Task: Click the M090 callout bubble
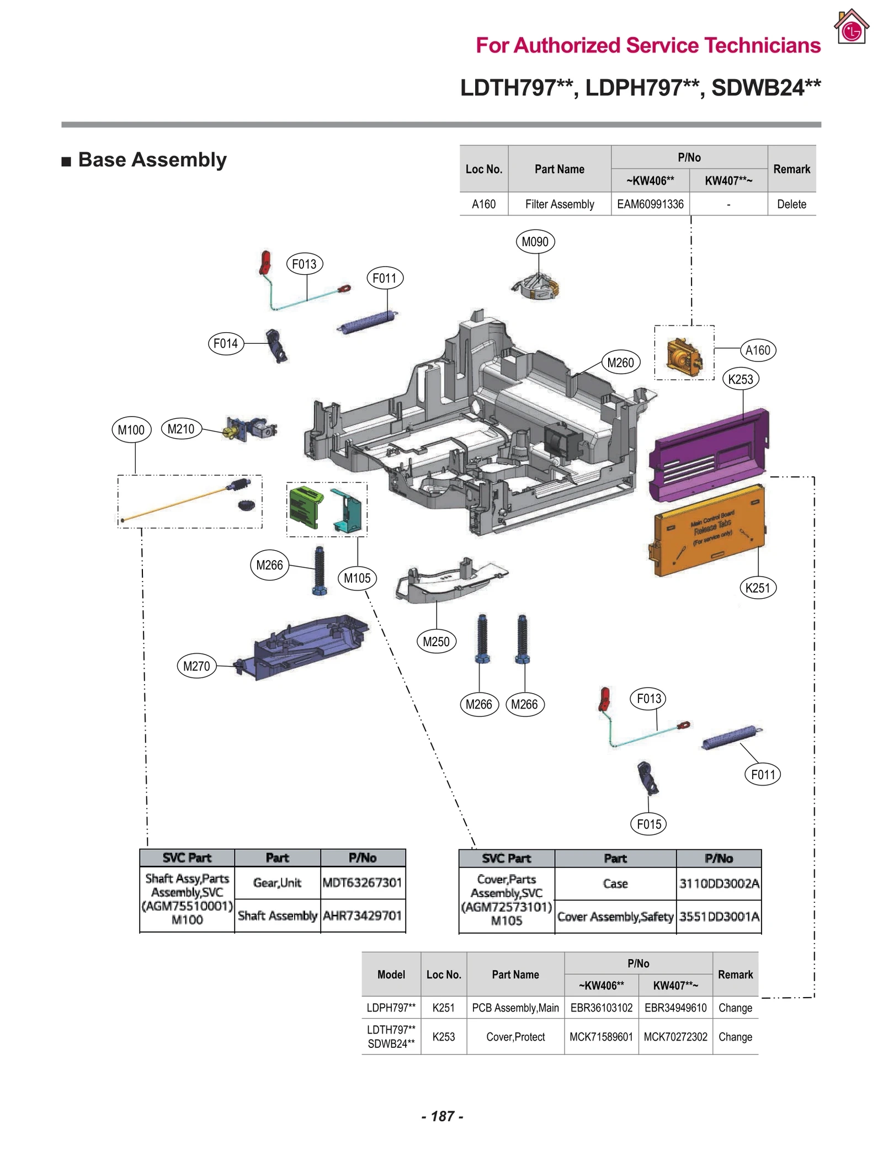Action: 534,242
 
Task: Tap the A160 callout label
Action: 757,350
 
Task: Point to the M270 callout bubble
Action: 196,666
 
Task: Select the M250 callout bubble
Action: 435,642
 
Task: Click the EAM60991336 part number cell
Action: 650,204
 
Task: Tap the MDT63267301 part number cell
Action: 362,882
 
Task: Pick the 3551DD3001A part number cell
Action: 719,917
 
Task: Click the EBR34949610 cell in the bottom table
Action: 675,1008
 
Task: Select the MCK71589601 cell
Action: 600,1037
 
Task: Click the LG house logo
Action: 851,26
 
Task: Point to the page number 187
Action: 442,1116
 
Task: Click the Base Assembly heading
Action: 152,160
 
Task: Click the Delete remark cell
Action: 791,204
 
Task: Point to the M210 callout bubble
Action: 180,429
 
